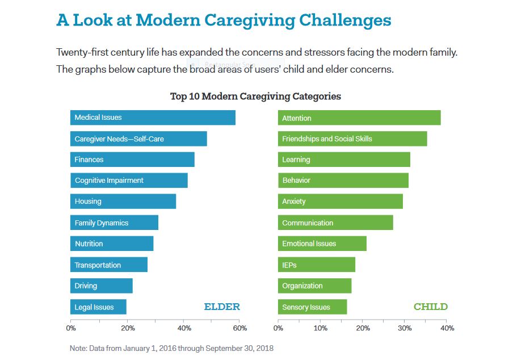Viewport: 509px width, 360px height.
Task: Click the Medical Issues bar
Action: point(153,118)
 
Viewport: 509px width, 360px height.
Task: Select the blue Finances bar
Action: point(132,160)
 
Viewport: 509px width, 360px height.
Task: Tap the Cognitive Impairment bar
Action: point(129,181)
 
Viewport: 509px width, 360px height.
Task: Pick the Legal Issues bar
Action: point(98,307)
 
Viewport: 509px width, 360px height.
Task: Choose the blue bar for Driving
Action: point(101,286)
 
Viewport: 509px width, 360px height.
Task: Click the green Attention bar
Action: point(359,118)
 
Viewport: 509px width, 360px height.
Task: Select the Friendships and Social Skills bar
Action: point(352,139)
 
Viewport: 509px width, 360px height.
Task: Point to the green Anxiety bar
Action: point(340,201)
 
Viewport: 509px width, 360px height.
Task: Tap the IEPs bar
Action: point(316,265)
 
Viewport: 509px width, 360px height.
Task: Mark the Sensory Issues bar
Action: point(312,307)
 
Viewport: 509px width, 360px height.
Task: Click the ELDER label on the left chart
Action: point(222,307)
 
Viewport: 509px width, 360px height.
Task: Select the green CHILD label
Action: point(430,307)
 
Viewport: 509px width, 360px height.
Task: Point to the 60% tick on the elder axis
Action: point(240,328)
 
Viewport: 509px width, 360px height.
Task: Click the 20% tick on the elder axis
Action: point(128,328)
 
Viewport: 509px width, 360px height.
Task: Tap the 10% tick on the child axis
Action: point(321,328)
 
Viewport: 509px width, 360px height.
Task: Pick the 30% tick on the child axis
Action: point(405,328)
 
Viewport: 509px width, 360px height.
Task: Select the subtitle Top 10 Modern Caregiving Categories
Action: point(255,96)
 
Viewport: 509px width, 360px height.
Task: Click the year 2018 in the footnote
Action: point(264,348)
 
